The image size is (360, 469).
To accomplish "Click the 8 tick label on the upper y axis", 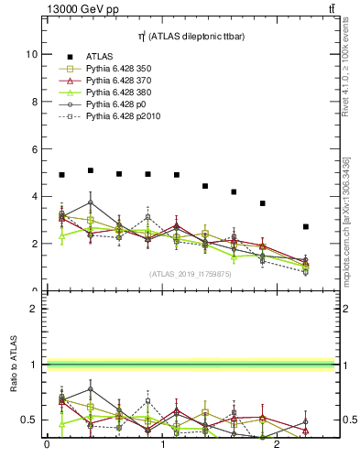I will (33, 102).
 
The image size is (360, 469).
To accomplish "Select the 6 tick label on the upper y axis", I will (33, 149).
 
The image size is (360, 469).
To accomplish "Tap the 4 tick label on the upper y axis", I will (33, 196).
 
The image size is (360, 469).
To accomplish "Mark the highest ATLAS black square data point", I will (90, 170).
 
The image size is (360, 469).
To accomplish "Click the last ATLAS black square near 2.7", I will (306, 226).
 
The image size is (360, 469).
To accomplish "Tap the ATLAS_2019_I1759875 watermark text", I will (191, 274).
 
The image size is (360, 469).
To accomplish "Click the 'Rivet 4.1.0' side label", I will (345, 64).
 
